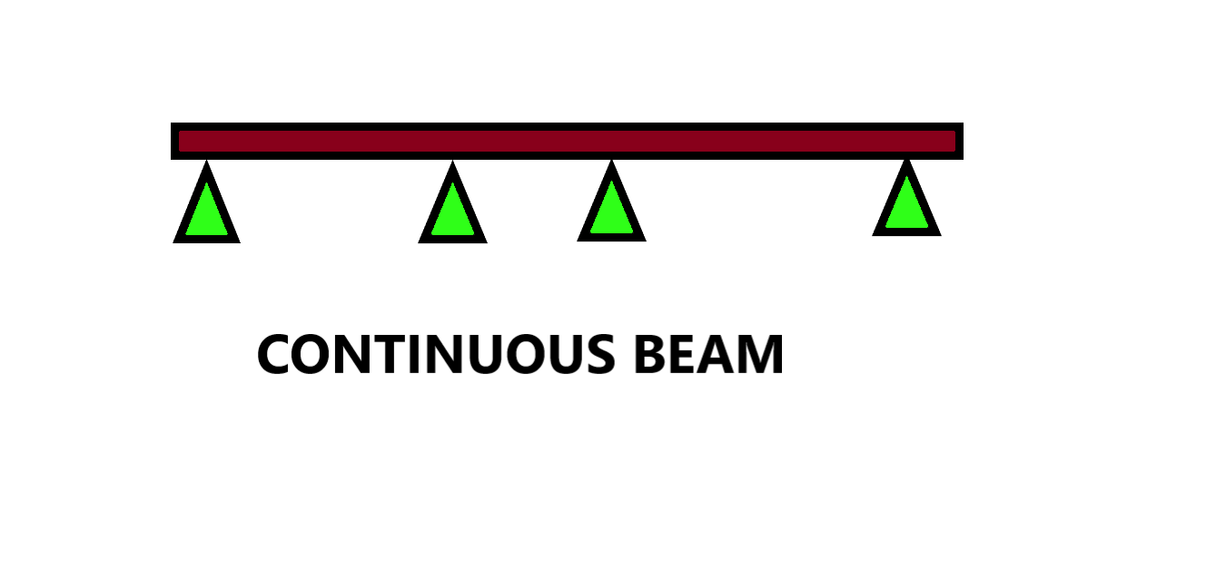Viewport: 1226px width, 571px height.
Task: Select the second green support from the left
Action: (x=452, y=212)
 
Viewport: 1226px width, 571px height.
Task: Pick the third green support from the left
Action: (x=611, y=210)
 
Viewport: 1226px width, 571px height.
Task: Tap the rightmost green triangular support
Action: (x=906, y=205)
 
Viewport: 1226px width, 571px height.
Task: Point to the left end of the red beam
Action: (x=178, y=141)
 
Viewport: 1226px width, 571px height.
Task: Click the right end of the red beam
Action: (x=956, y=141)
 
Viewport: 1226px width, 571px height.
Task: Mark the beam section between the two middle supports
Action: (x=532, y=141)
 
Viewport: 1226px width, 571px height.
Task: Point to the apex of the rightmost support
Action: (x=906, y=163)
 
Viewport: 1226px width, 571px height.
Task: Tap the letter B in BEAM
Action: (x=650, y=355)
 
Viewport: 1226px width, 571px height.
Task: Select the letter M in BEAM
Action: (x=760, y=355)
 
